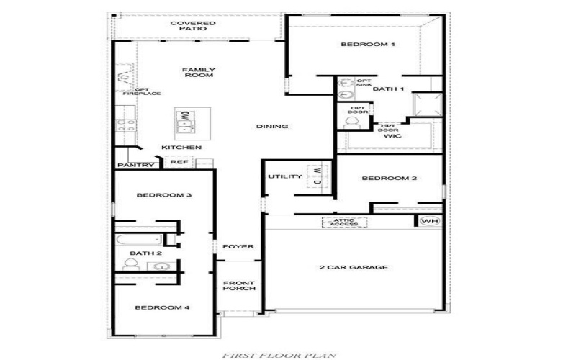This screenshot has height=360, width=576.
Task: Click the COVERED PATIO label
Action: (193, 26)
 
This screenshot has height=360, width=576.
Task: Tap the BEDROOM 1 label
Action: (368, 45)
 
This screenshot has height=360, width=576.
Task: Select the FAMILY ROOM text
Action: (199, 73)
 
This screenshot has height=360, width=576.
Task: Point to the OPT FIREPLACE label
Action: (141, 91)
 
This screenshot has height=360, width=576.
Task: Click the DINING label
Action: (272, 127)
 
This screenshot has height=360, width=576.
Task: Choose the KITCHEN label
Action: (181, 148)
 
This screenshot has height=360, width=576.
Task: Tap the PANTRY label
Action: (136, 166)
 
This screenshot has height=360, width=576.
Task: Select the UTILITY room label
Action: (285, 176)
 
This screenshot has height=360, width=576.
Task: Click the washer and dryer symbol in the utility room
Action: (318, 176)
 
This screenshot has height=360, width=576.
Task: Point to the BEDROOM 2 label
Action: (390, 179)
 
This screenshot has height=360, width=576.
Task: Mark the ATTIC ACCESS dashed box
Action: (344, 222)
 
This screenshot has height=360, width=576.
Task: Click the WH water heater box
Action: (429, 221)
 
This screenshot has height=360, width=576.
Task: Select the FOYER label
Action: (238, 247)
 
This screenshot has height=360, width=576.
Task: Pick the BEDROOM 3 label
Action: (163, 195)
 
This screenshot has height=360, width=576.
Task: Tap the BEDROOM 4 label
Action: (163, 307)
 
